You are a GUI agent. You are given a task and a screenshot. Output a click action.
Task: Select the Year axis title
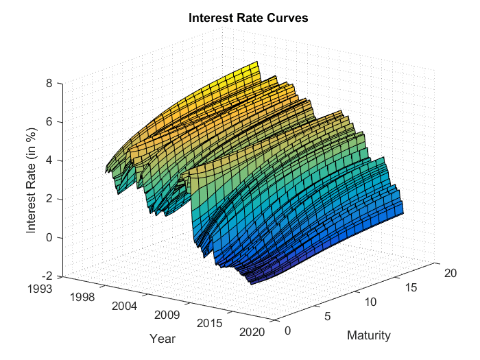pyautogui.click(x=163, y=339)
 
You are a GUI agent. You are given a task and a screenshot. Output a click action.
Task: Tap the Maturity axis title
pyautogui.click(x=369, y=335)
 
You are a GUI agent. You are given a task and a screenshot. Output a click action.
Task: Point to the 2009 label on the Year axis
pyautogui.click(x=167, y=316)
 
